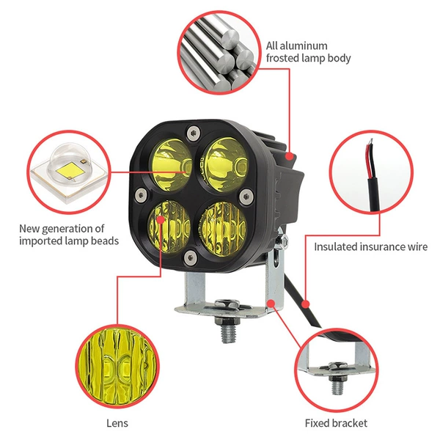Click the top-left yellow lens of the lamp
click(171, 166)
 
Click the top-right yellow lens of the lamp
click(226, 166)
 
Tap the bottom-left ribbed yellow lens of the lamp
click(169, 226)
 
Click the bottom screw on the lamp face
click(190, 257)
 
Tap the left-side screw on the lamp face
click(141, 194)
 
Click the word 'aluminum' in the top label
click(304, 45)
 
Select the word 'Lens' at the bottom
click(117, 423)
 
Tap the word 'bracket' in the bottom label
click(348, 423)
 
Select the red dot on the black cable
click(306, 304)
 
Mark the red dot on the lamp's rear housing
click(290, 156)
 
